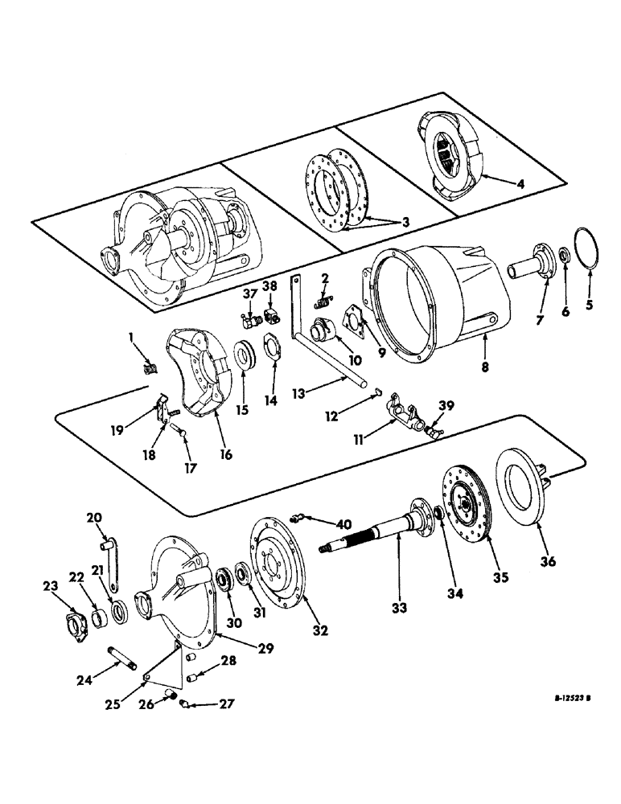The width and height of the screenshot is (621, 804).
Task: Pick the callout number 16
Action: coord(226,455)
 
